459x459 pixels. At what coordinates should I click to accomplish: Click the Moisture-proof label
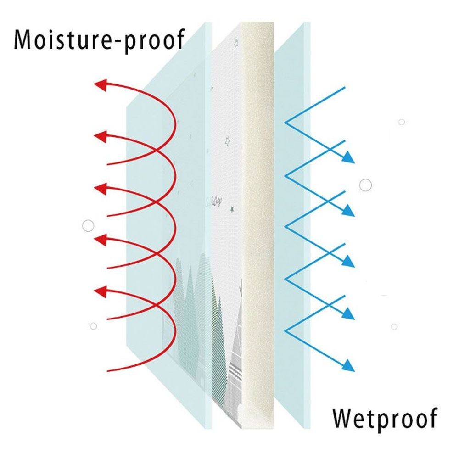[x=99, y=40]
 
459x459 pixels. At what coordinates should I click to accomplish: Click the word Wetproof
[x=385, y=419]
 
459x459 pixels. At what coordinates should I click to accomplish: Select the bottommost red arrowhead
[x=100, y=291]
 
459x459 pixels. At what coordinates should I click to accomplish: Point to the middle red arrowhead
[x=100, y=188]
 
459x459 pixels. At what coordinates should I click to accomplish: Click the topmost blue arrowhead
[x=348, y=157]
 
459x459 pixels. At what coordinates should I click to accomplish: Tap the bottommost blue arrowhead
[x=348, y=366]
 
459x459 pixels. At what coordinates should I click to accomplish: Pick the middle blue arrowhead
[x=348, y=262]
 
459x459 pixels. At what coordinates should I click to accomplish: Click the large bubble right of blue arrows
[x=365, y=185]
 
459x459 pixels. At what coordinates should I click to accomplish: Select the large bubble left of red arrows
[x=88, y=226]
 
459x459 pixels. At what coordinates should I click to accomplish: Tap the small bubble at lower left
[x=93, y=326]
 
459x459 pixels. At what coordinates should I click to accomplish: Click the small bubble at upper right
[x=402, y=122]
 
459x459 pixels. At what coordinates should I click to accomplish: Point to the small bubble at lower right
[x=394, y=326]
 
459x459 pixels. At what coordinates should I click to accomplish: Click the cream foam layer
[x=258, y=225]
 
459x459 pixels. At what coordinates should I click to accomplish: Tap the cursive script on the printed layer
[x=213, y=202]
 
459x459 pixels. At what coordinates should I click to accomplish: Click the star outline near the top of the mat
[x=236, y=44]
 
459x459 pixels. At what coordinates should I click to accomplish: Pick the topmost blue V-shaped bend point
[x=285, y=123]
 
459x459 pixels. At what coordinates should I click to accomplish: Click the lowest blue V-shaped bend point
[x=285, y=331]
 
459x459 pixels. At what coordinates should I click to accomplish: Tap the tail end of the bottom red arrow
[x=108, y=371]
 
